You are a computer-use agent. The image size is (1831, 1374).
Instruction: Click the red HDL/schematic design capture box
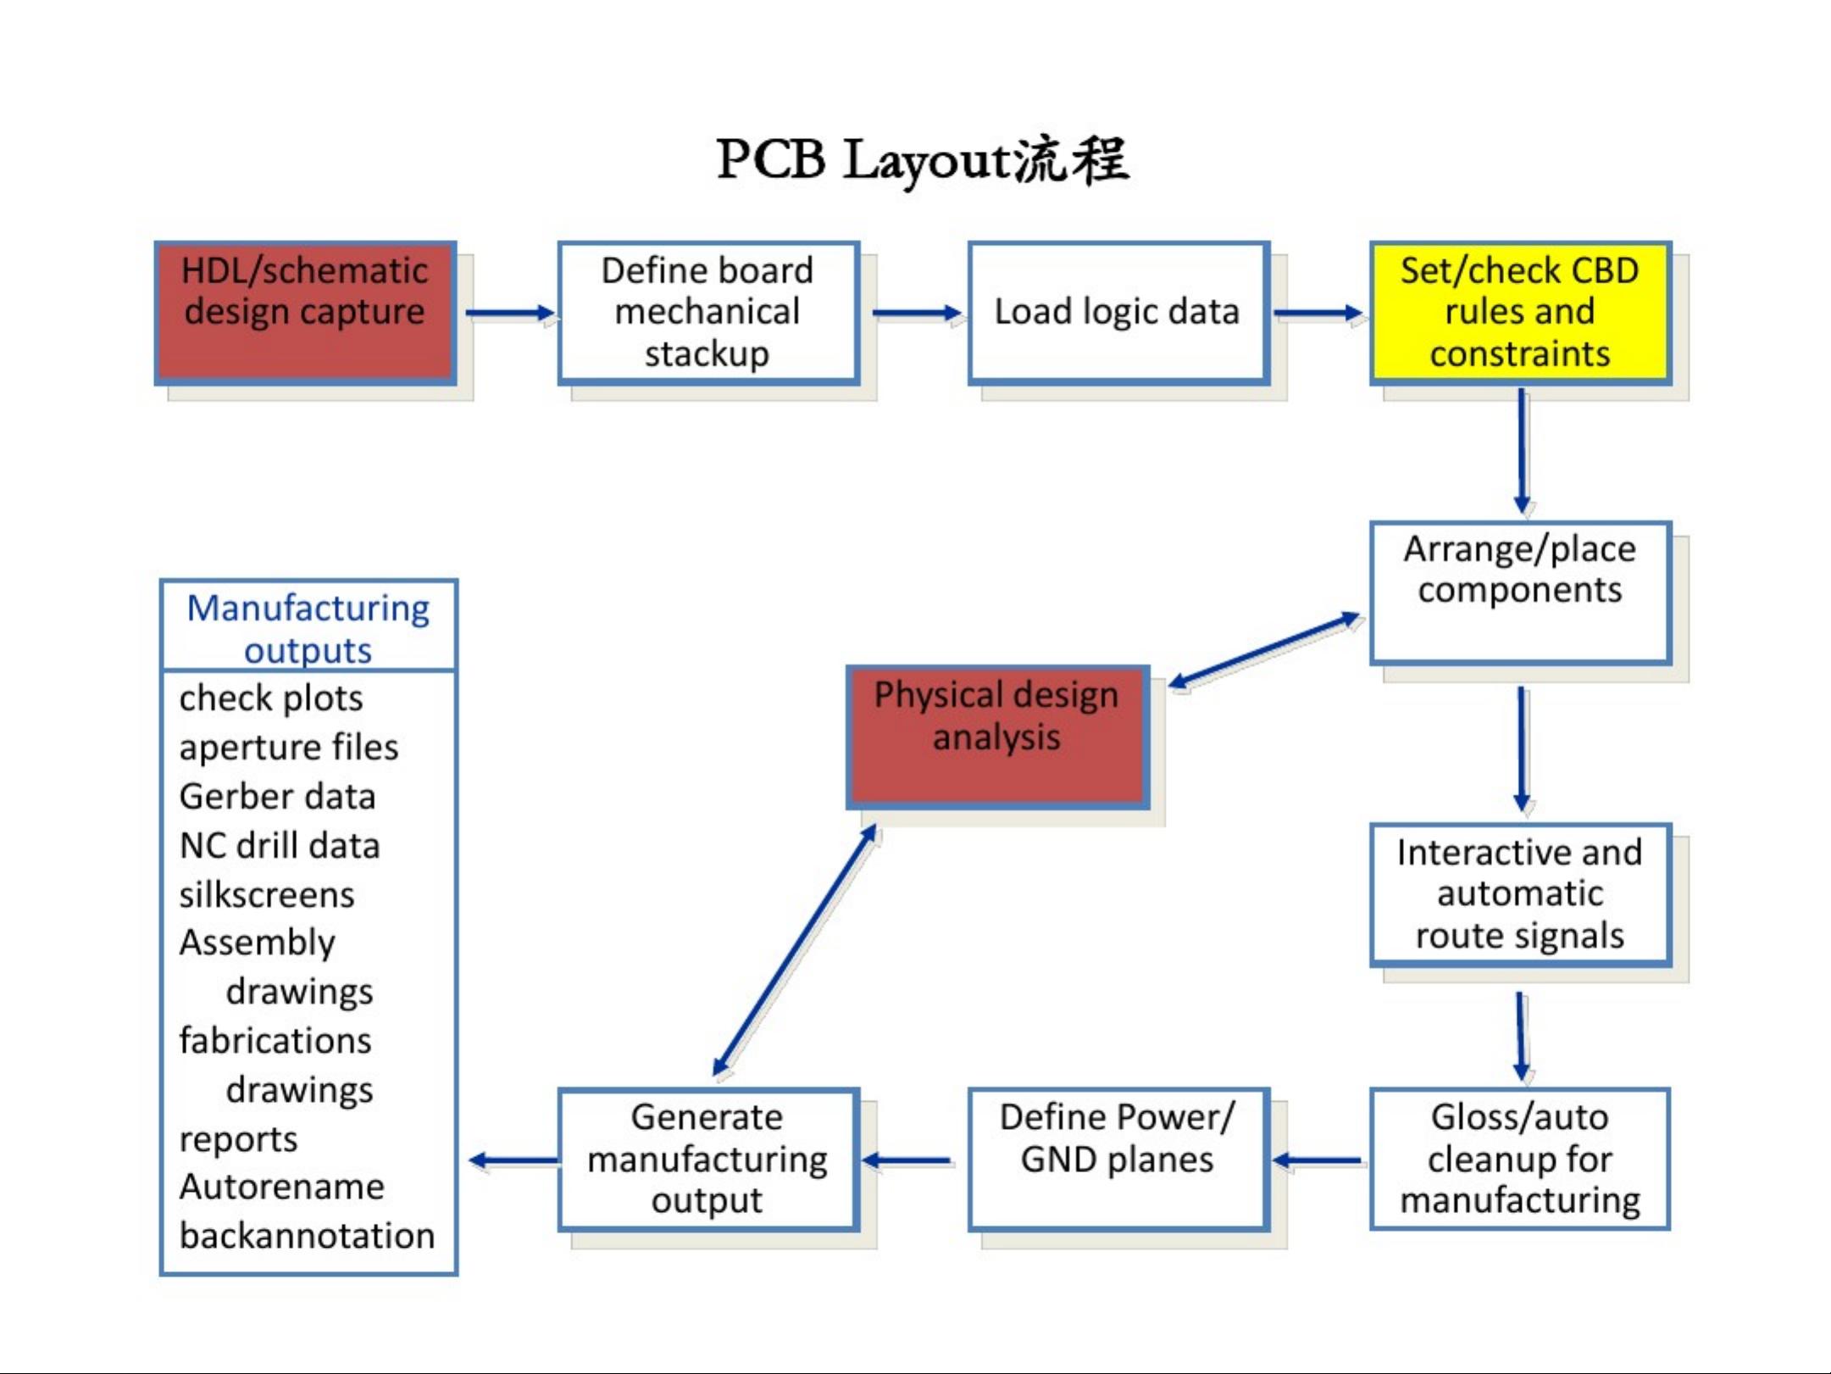306,313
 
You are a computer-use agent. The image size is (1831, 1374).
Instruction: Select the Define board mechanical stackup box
708,313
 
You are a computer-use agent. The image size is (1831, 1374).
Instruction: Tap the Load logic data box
1118,313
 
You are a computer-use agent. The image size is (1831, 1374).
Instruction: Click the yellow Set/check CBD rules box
1521,313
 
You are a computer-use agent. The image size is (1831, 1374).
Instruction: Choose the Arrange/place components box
1521,592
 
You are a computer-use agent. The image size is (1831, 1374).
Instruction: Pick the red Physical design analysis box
998,737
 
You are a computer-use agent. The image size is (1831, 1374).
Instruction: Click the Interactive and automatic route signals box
1521,894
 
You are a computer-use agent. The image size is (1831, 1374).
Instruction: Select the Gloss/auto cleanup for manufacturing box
1521,1159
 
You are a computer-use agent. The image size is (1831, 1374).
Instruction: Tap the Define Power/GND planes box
1118,1159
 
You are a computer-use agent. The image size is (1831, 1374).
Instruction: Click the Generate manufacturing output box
708,1159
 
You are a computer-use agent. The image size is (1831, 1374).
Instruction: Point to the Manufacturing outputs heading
308,629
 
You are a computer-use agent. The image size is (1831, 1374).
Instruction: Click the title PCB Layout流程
923,160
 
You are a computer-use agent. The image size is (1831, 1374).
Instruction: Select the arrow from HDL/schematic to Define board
510,314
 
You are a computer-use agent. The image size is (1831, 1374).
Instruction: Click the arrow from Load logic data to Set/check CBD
1319,314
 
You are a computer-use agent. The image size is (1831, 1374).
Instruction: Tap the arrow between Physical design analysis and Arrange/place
1265,650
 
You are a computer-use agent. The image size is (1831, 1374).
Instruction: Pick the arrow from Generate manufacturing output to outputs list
513,1160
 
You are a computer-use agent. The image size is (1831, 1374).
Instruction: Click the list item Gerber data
277,797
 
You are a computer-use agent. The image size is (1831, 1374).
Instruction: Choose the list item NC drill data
280,846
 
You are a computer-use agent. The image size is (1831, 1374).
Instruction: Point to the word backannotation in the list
308,1236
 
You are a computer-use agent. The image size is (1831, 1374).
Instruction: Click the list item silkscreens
267,895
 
